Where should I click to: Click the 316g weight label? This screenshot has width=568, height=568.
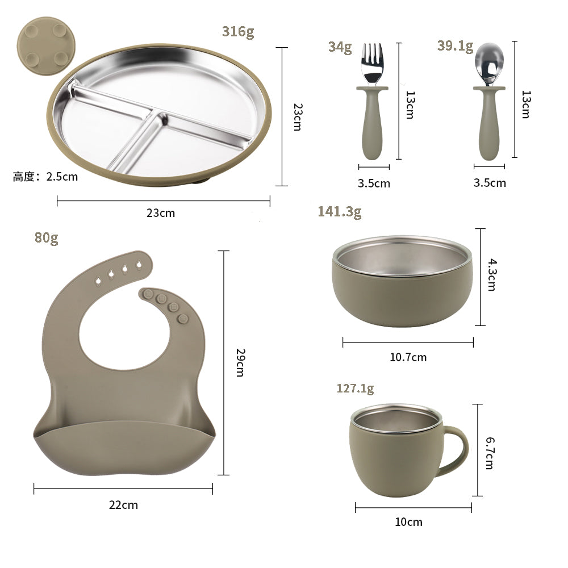[x=238, y=32]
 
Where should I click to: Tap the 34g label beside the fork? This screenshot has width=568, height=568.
[x=340, y=47]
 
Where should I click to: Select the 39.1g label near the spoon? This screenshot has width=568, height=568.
[x=455, y=46]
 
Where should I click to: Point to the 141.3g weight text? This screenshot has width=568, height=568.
[x=339, y=212]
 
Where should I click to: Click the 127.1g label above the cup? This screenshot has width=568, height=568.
[x=355, y=389]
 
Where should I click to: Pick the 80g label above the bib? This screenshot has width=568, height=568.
[x=47, y=237]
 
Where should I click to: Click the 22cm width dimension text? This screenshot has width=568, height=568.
[x=123, y=504]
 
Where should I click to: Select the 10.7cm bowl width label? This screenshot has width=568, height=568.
[x=408, y=357]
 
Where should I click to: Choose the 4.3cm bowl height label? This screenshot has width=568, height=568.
[x=492, y=275]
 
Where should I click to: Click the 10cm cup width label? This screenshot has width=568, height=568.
[x=409, y=522]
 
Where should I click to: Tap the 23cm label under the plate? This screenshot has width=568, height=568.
[x=161, y=214]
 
